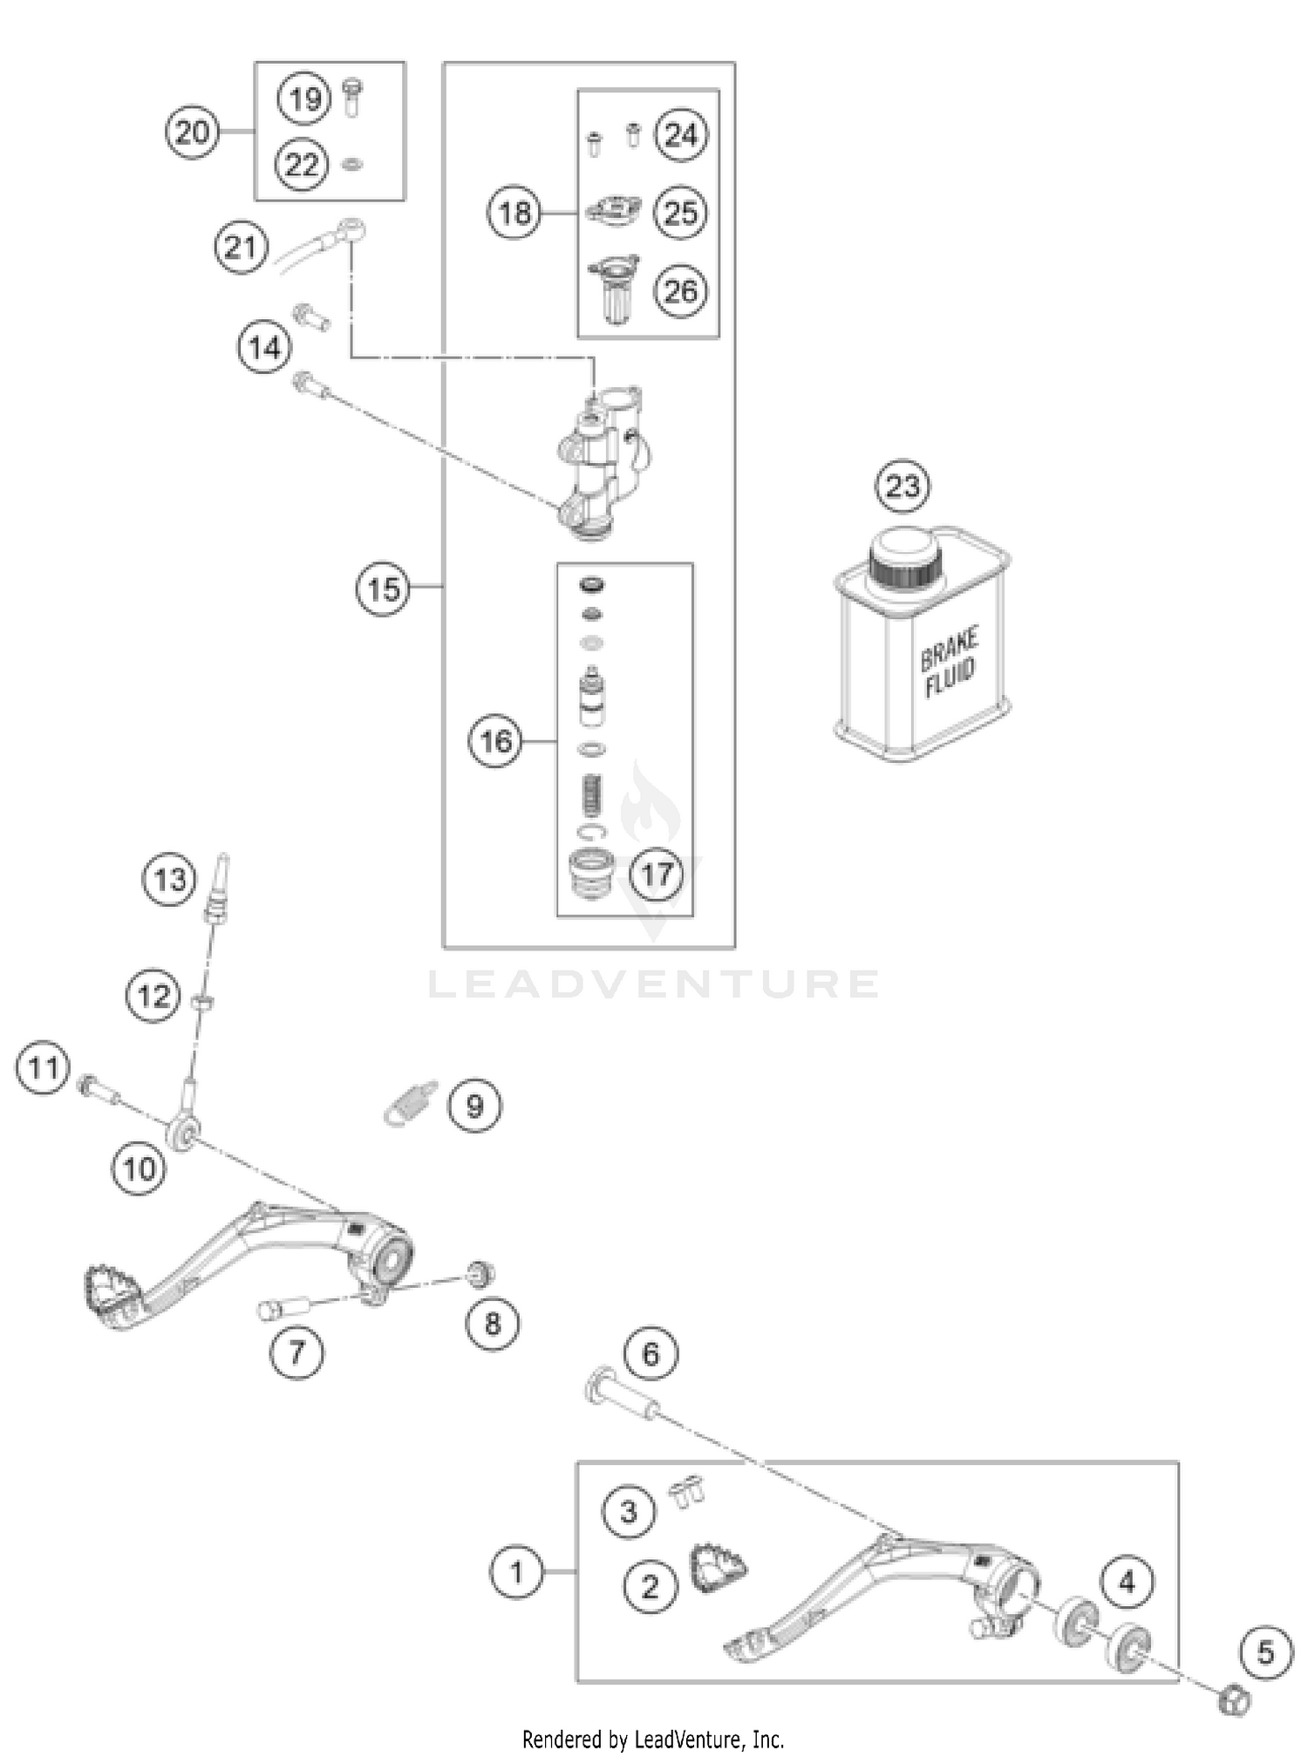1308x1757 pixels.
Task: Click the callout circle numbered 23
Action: (903, 486)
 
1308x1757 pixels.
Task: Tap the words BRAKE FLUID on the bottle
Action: (950, 662)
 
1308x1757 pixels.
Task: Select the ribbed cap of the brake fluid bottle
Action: (907, 571)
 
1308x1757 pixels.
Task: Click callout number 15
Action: (383, 589)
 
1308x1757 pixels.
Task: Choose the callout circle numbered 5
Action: (1265, 1652)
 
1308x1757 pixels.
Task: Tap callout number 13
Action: (169, 879)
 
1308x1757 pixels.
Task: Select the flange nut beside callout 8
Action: (480, 1274)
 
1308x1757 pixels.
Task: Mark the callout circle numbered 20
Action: (192, 133)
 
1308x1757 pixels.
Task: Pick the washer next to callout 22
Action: (352, 164)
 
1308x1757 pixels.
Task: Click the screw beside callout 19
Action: (352, 99)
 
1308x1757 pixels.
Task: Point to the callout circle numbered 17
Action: (657, 873)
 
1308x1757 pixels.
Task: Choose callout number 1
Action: (516, 1572)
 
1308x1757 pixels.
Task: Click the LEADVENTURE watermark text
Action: (654, 984)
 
